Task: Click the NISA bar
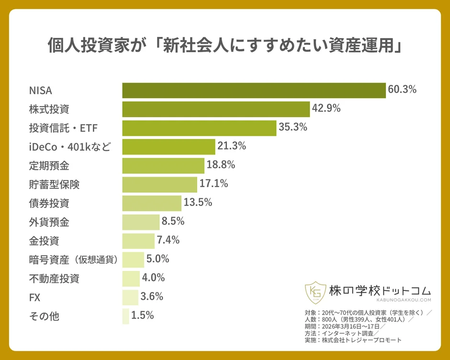pyautogui.click(x=254, y=90)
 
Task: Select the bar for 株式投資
pyautogui.click(x=216, y=109)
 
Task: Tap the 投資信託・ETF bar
pyautogui.click(x=199, y=128)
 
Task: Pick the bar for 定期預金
pyautogui.click(x=163, y=166)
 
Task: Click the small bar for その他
pyautogui.click(x=125, y=316)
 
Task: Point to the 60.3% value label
pyautogui.click(x=402, y=90)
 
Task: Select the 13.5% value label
pyautogui.click(x=198, y=202)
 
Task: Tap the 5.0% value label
pyautogui.click(x=158, y=259)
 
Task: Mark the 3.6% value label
pyautogui.click(x=152, y=296)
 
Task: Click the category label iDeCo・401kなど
pyautogui.click(x=70, y=147)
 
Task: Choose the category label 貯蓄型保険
pyautogui.click(x=54, y=184)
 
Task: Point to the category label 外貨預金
pyautogui.click(x=49, y=222)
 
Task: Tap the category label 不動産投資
pyautogui.click(x=54, y=278)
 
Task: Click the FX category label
pyautogui.click(x=35, y=297)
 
